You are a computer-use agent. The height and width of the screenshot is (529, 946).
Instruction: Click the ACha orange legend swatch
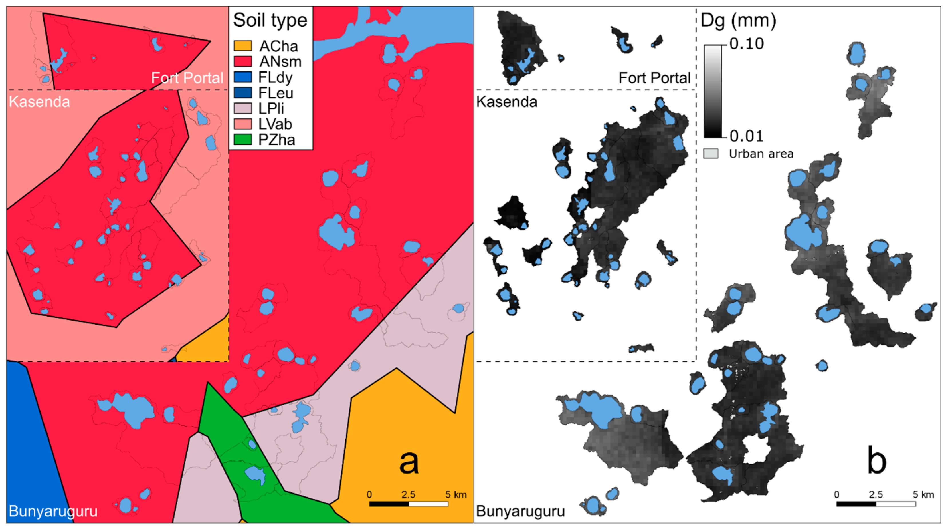[243, 46]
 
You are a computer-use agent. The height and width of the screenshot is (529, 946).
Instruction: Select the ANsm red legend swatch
[243, 62]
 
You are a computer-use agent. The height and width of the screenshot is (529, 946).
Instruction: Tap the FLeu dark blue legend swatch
[243, 93]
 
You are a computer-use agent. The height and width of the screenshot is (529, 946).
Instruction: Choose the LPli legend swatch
[243, 109]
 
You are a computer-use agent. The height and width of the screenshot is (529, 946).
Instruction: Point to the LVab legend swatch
[243, 124]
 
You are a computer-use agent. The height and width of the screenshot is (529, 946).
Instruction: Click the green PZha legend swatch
[243, 140]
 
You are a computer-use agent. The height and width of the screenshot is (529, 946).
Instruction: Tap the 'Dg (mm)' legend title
[738, 21]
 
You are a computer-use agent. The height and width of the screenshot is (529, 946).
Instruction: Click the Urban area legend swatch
[711, 154]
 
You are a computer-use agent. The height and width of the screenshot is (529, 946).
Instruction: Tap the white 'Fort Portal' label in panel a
[187, 78]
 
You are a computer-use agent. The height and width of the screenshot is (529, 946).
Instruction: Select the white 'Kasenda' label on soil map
[39, 102]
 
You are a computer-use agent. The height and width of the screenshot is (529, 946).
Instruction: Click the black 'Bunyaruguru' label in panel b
[521, 511]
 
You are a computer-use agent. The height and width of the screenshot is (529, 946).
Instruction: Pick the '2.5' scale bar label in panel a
[408, 494]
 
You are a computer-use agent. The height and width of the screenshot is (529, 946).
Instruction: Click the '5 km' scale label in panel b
[923, 494]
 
